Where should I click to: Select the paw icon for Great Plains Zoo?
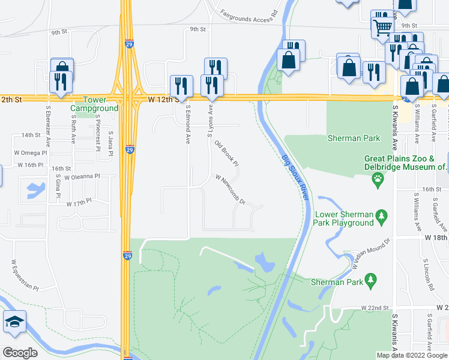tap(378, 178)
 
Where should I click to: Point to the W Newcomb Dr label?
tap(231, 189)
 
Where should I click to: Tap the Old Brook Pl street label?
tap(227, 154)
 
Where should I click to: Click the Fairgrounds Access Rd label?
tap(249, 11)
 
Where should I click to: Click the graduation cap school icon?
tap(14, 323)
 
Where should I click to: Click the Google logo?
tap(20, 353)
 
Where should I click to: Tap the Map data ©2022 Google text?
tap(411, 355)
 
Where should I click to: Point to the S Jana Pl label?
tap(111, 145)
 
